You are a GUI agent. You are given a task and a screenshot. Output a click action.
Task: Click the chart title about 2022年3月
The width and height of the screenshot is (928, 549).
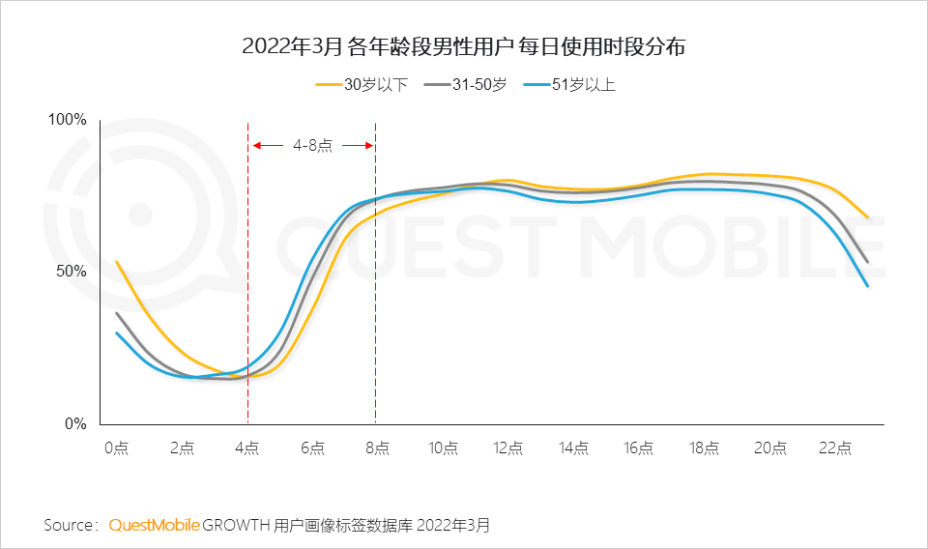[x=463, y=46]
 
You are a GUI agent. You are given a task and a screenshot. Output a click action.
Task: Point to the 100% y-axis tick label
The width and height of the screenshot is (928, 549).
[x=68, y=120]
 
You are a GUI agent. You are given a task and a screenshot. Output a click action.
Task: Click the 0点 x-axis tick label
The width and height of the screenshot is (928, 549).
[x=116, y=448]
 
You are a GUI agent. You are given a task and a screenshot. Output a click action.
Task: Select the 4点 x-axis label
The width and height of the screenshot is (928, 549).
[x=246, y=448]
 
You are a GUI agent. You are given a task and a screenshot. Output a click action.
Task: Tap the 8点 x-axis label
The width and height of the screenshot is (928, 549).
[x=377, y=448]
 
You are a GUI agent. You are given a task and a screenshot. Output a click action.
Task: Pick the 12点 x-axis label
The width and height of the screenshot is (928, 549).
[x=507, y=448]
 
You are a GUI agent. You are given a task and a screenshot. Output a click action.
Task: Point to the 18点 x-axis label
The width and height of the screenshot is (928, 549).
[x=704, y=448]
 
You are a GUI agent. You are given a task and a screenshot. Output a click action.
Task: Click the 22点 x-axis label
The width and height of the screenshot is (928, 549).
[x=834, y=448]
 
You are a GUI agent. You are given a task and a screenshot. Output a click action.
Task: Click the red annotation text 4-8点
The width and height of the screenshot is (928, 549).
[x=312, y=146]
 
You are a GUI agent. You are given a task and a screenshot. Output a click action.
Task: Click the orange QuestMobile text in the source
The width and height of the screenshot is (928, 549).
[x=154, y=525]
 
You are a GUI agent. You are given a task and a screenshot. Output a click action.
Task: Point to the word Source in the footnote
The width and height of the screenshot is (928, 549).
[x=68, y=525]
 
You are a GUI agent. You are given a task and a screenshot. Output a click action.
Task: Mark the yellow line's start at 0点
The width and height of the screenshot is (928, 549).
[x=116, y=262]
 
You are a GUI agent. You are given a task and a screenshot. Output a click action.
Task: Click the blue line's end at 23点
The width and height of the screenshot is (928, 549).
[x=868, y=286]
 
